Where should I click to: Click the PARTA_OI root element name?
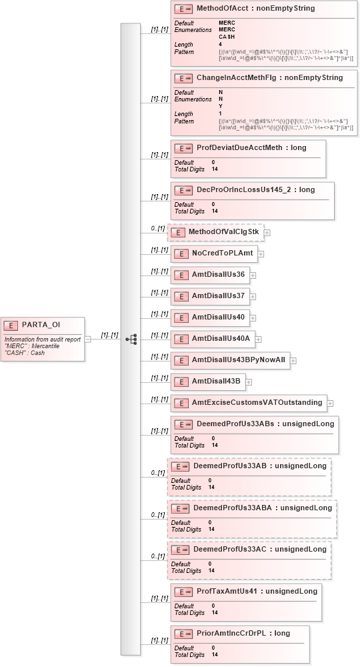tap(41, 325)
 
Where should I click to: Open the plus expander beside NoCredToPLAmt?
tap(261, 254)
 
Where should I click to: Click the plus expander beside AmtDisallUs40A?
tap(258, 340)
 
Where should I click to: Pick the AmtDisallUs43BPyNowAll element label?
tap(238, 360)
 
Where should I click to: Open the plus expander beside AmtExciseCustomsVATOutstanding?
tap(330, 403)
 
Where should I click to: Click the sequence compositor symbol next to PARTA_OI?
tap(131, 340)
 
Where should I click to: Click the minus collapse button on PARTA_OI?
tap(87, 340)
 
